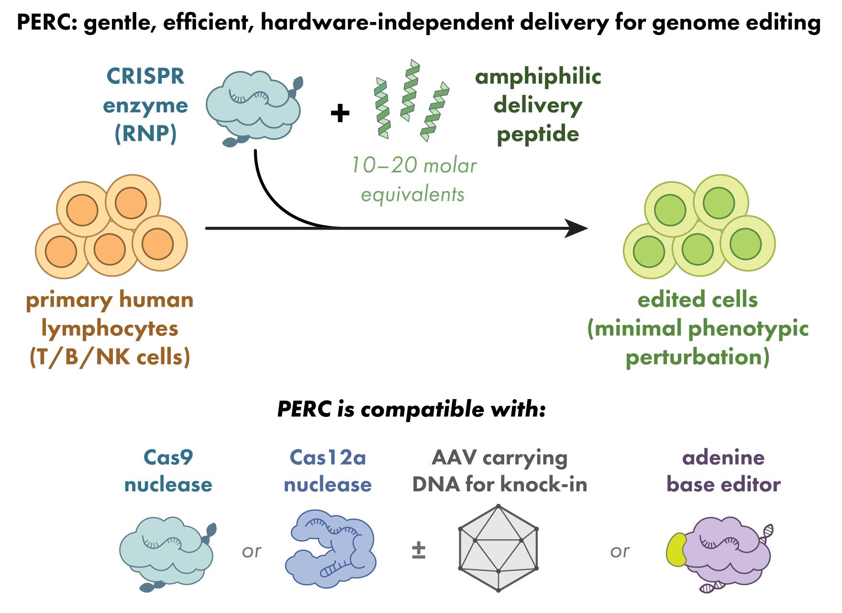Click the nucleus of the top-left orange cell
coord(82,210)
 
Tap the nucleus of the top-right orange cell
coord(131,203)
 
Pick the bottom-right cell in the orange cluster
coord(157,244)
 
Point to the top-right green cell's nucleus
coord(719,203)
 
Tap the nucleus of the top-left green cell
coord(670,210)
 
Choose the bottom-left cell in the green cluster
coord(649,251)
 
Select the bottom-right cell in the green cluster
coord(745,244)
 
